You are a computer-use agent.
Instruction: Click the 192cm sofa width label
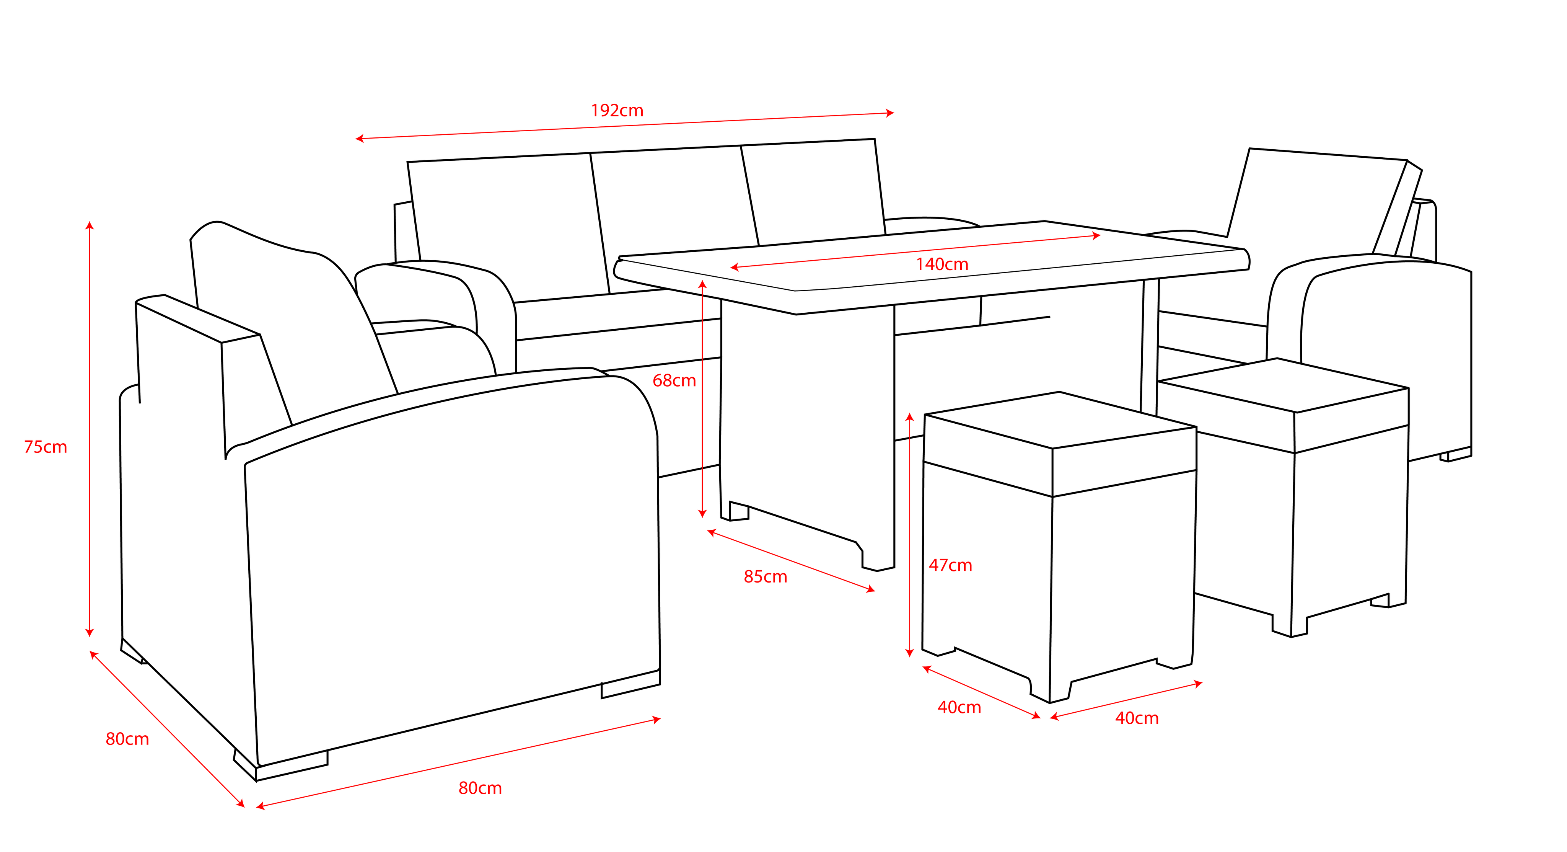617,111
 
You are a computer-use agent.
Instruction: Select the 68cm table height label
674,381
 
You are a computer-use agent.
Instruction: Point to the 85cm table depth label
765,577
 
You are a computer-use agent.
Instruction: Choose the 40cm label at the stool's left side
959,708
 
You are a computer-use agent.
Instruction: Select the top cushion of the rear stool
1284,385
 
